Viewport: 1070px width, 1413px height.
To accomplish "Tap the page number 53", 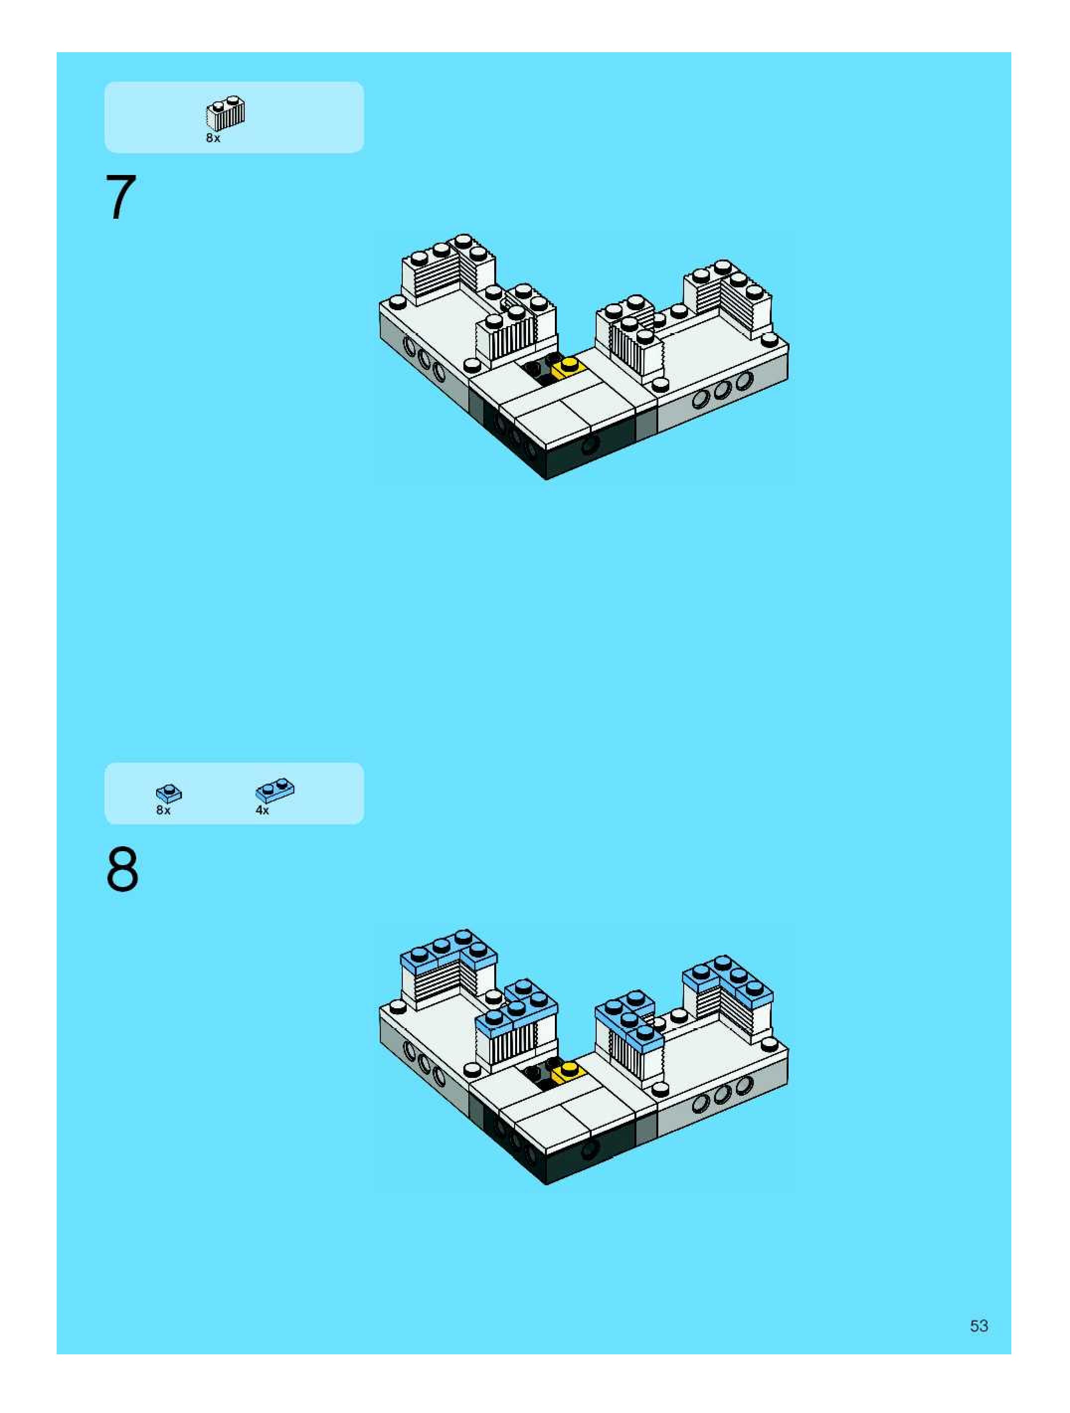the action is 980,1326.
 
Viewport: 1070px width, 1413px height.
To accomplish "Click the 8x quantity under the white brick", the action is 213,138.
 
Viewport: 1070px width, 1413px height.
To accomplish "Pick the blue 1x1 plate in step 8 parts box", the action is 169,794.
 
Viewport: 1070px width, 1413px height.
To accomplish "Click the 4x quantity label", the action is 263,810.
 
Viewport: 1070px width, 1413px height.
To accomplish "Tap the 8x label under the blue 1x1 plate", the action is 164,810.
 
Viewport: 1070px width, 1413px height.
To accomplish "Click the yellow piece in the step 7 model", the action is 568,368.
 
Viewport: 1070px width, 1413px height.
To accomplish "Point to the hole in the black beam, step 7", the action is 590,444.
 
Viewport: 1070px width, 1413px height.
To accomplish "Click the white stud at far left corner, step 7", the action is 397,302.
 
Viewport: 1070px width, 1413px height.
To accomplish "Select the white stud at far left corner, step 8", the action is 397,1007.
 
